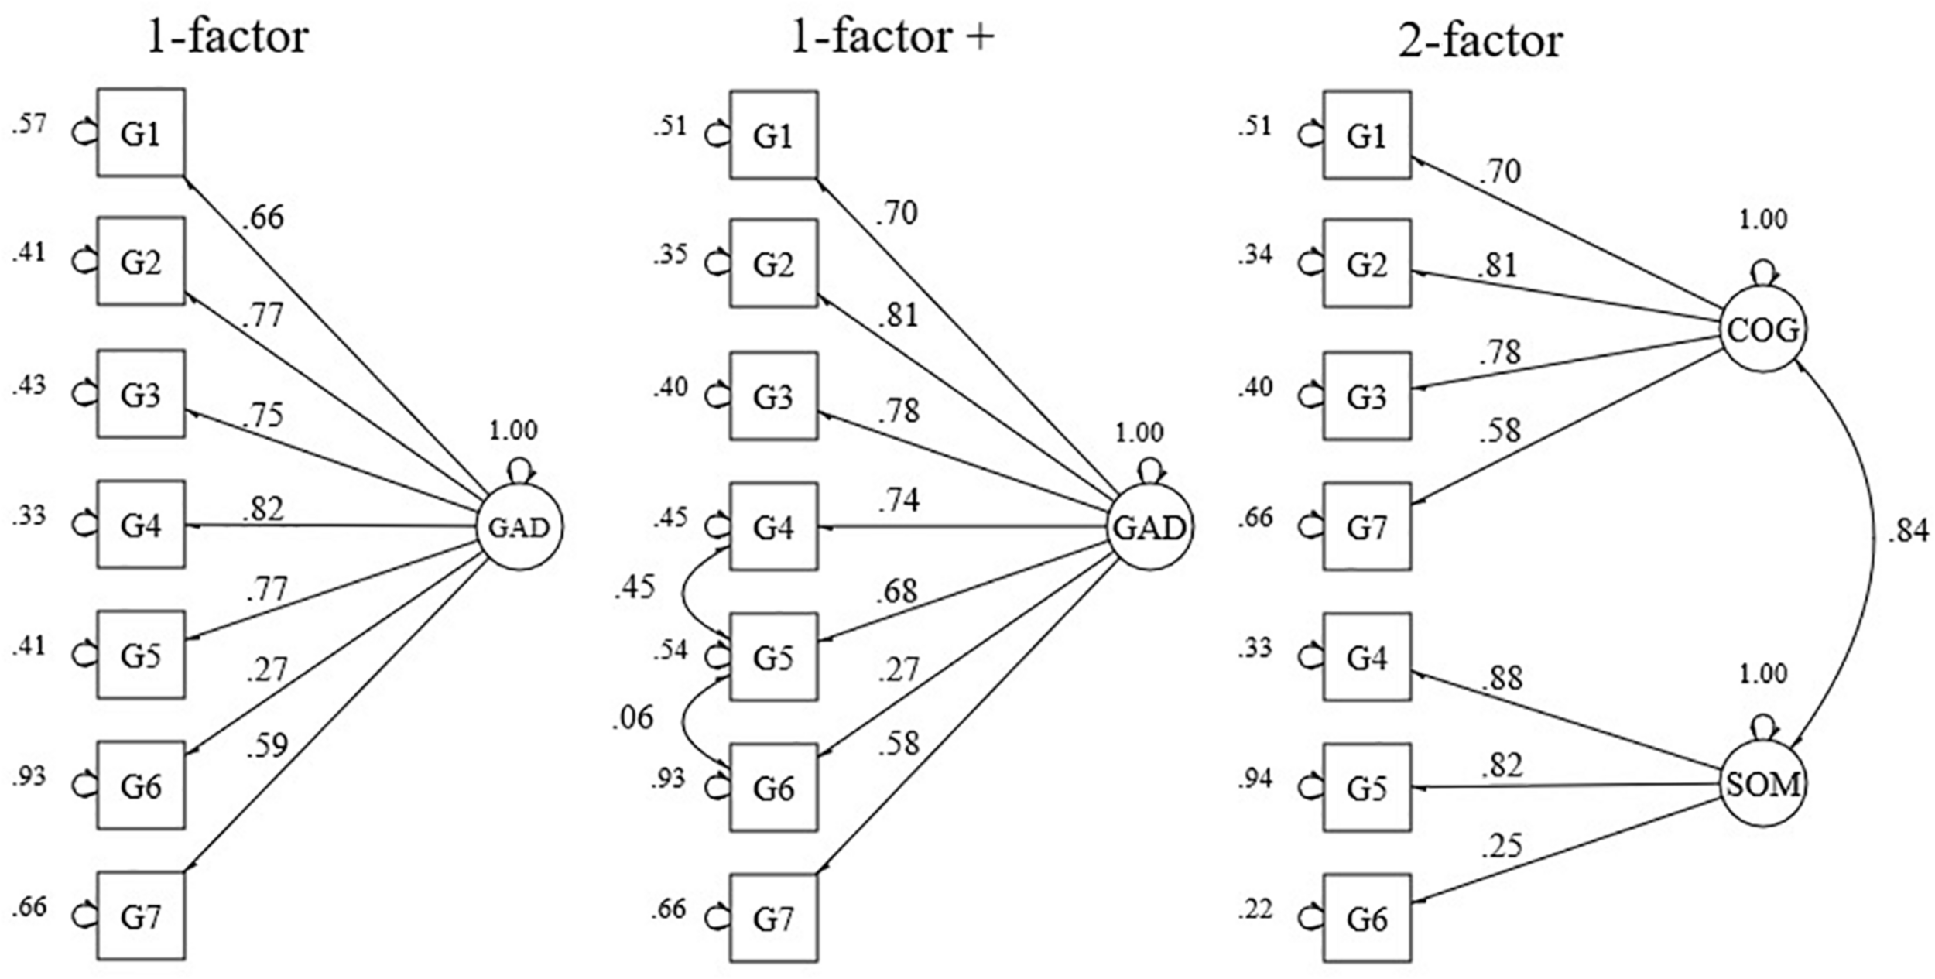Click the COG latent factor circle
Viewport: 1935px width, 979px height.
1762,330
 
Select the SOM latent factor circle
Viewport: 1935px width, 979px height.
1762,785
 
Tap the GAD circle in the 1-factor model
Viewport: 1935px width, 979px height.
519,528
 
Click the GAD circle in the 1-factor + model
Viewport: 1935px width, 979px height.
1149,528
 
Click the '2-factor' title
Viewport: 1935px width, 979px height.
1480,40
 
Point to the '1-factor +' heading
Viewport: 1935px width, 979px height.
892,37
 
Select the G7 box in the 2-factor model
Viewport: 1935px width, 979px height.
1366,527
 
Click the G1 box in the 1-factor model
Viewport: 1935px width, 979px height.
141,133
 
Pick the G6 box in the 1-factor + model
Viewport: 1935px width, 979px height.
773,788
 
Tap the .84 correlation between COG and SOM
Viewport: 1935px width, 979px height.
1907,532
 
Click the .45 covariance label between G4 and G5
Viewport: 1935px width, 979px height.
635,588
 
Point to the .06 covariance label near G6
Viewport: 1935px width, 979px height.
632,717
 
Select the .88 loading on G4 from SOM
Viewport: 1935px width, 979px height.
1502,678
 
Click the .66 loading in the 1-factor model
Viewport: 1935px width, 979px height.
263,217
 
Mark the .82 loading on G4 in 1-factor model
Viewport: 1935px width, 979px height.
263,509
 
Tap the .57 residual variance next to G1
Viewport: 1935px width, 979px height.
29,124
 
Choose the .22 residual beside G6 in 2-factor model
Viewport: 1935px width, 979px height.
1255,909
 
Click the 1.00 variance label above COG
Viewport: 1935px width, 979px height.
1763,220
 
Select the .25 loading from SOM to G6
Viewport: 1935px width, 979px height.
1502,846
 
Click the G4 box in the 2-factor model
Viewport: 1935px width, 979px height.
1366,657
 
